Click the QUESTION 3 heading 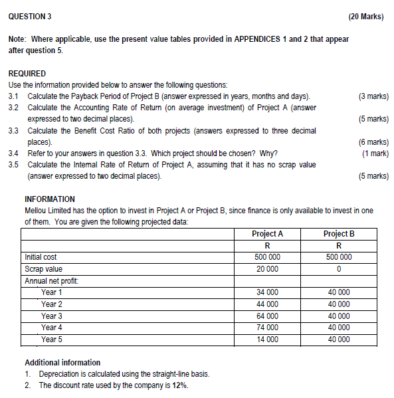29,16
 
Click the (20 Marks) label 365,16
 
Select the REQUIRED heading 27,73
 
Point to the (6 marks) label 373,142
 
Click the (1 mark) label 375,153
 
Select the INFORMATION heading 50,199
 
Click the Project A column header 267,234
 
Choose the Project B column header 339,234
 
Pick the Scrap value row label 43,269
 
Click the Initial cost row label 41,257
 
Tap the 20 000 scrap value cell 267,269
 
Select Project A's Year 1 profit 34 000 267,292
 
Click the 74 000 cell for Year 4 267,328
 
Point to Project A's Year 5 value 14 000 267,340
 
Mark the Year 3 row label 52,316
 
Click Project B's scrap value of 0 339,269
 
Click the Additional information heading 62,363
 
